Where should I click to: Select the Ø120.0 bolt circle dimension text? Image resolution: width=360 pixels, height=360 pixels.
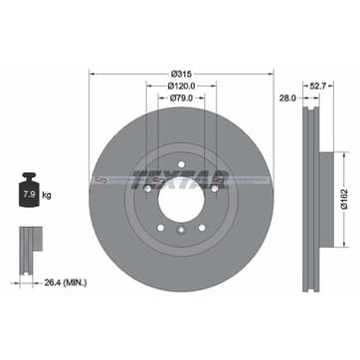181,86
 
